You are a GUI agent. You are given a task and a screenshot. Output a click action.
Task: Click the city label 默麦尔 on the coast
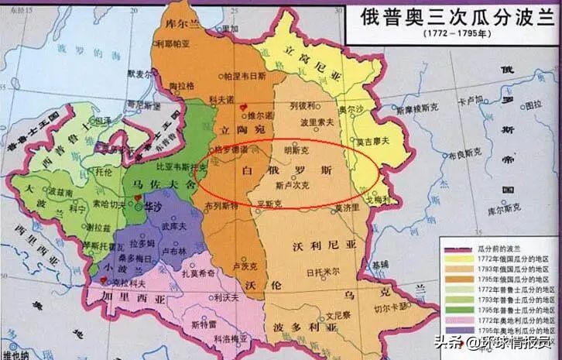146,75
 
